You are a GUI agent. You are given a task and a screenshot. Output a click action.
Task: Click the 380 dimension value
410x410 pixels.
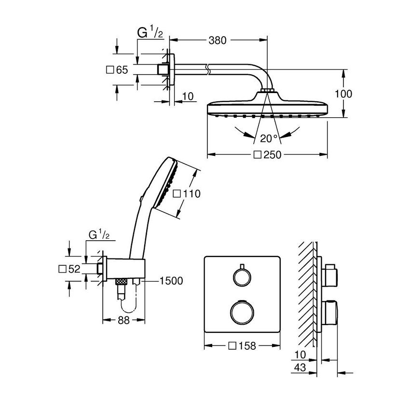(218, 41)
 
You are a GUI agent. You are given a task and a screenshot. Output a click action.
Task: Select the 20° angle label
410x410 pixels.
(269, 138)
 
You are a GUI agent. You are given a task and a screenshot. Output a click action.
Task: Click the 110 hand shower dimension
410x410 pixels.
(187, 194)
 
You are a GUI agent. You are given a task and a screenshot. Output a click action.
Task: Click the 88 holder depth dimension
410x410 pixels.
(124, 320)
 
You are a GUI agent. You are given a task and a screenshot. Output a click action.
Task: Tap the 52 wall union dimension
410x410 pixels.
(69, 269)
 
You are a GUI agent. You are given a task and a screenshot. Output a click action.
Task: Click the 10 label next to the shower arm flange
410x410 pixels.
(188, 97)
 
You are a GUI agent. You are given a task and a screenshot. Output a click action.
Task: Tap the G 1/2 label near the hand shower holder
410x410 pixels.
(100, 235)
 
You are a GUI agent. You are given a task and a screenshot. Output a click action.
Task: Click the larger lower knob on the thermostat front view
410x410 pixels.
(242, 312)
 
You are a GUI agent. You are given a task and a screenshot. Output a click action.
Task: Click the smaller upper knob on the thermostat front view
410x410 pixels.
(242, 277)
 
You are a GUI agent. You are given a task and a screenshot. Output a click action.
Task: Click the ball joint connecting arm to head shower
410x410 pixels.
(267, 91)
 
